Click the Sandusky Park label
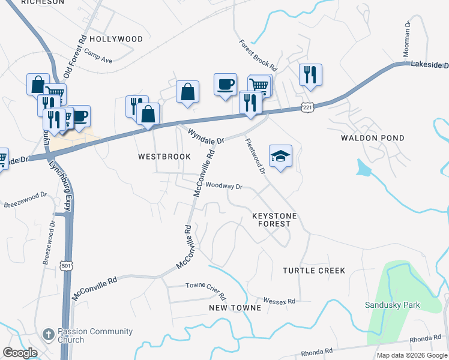pos(393,305)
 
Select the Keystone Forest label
pos(271,219)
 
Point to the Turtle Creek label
pos(314,271)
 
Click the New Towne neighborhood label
pos(235,308)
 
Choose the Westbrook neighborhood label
pos(164,157)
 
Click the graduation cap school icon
pos(280,156)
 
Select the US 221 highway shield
pos(307,106)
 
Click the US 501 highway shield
pos(65,264)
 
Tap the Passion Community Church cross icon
pos(49,333)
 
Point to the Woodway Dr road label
pos(223,186)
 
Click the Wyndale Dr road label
pos(205,136)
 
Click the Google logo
pos(20,353)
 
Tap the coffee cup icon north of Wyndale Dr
pos(225,84)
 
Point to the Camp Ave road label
pos(98,56)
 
